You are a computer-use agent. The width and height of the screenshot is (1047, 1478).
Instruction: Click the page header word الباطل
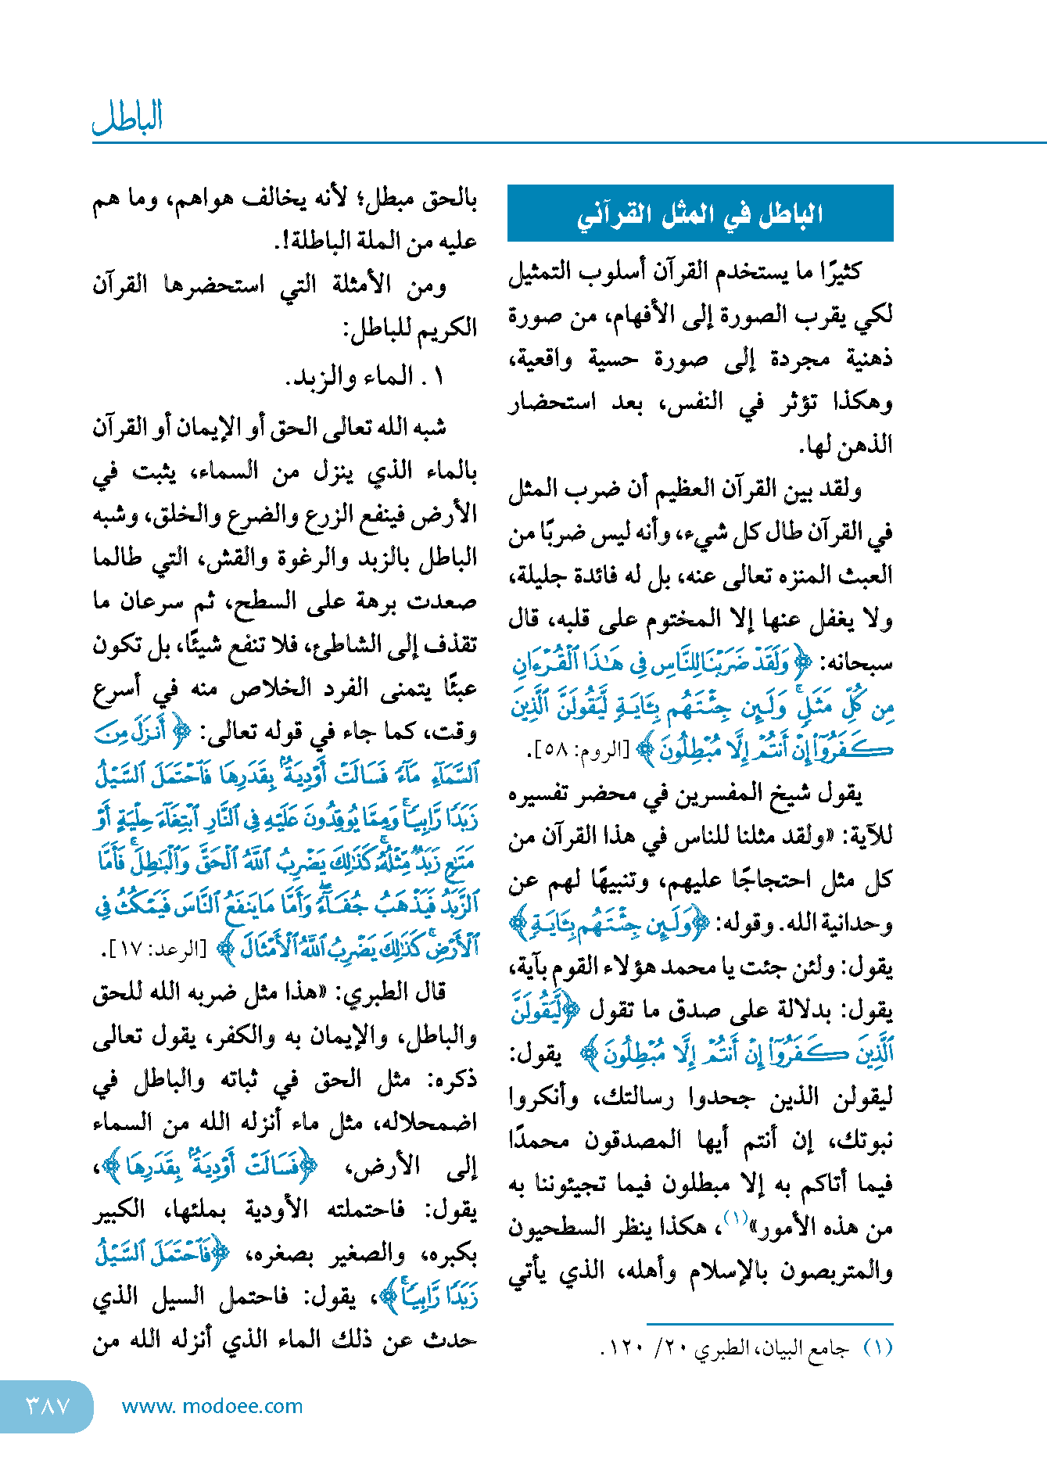(127, 117)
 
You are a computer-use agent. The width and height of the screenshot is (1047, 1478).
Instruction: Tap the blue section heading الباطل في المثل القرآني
(700, 214)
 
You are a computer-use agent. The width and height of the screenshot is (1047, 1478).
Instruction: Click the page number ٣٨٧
(47, 1406)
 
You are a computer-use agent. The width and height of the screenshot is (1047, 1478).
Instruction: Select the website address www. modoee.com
(212, 1406)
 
